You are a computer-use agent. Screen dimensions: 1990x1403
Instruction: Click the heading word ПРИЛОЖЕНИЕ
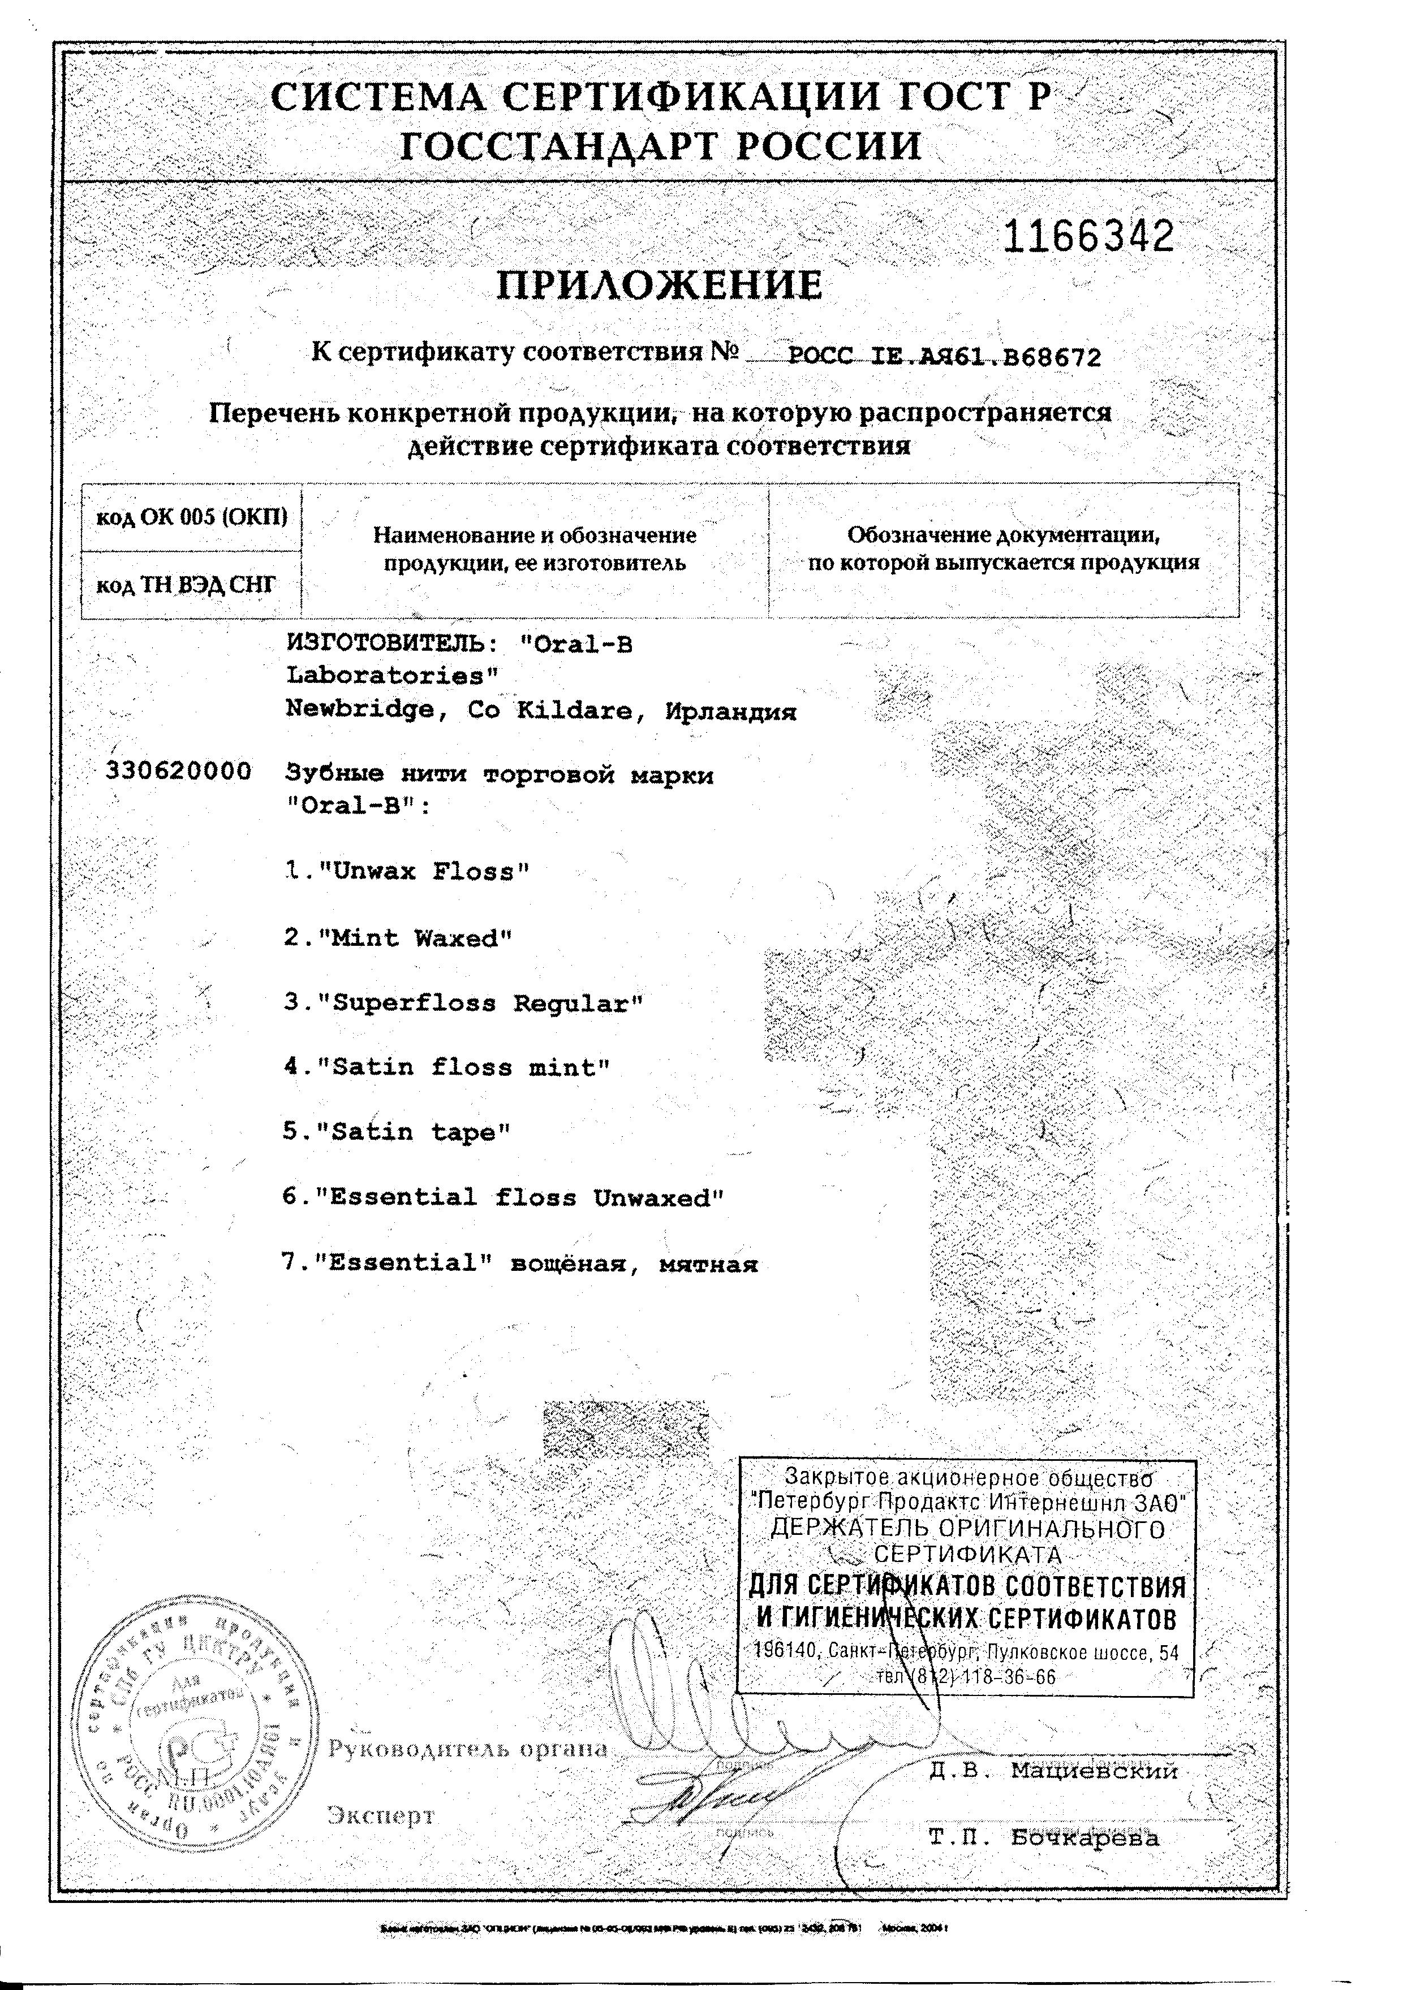(659, 285)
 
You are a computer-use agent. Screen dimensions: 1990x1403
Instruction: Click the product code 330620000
(179, 771)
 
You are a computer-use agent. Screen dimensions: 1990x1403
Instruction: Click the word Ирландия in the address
(730, 712)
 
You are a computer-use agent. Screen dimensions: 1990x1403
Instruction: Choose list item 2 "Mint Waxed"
(398, 938)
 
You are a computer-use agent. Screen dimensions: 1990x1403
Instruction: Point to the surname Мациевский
(1094, 1771)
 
